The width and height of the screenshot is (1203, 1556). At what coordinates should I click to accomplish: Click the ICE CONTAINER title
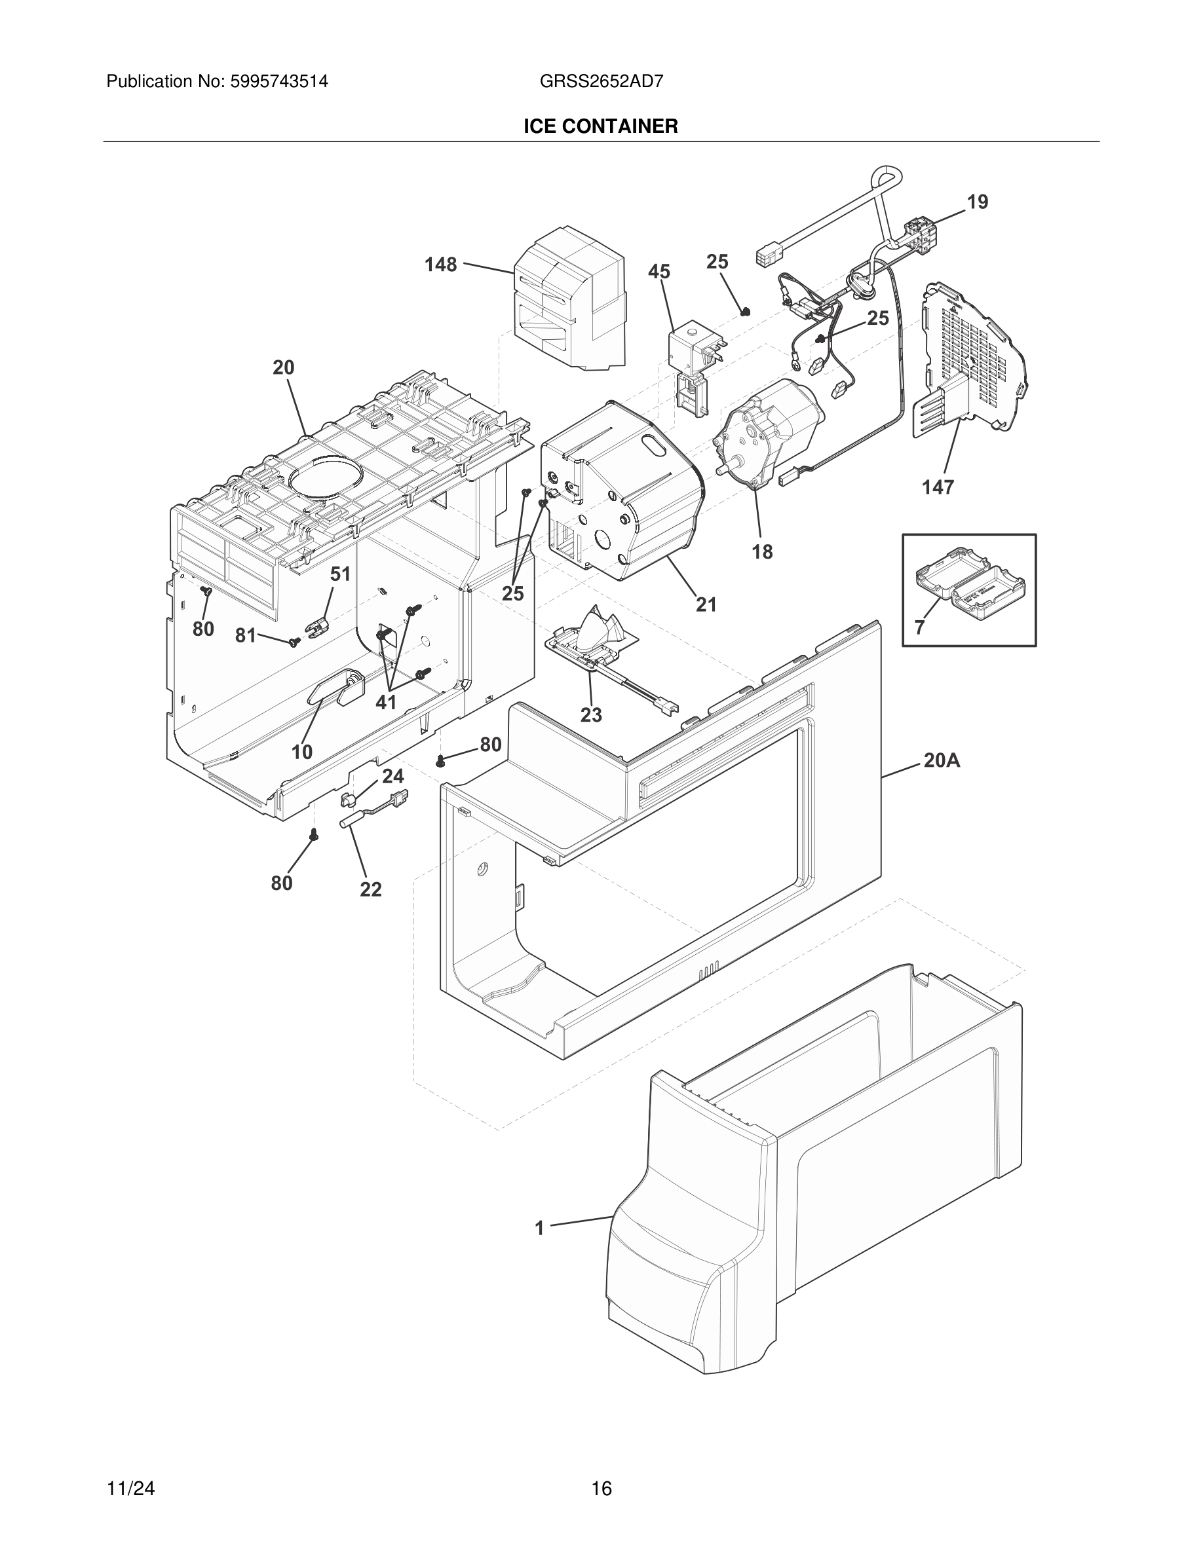601,127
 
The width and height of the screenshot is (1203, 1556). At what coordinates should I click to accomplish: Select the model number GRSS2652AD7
601,81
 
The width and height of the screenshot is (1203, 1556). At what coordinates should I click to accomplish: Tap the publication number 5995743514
278,81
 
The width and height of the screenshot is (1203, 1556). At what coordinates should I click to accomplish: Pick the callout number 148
440,265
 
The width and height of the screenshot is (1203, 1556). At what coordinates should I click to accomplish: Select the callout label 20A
942,761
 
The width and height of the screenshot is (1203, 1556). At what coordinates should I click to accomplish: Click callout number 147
937,487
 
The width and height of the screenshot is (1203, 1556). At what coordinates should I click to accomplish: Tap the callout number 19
977,202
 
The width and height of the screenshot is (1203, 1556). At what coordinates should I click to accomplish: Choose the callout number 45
659,271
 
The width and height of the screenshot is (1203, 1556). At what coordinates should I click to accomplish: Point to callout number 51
340,574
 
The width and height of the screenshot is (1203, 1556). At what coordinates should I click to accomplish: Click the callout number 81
245,635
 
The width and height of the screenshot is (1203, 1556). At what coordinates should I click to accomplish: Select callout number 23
591,714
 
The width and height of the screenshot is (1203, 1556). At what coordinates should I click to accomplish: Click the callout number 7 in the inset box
919,627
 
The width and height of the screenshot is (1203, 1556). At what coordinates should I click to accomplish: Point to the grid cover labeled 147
973,363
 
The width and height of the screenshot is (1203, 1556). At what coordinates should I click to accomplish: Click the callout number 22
371,889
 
